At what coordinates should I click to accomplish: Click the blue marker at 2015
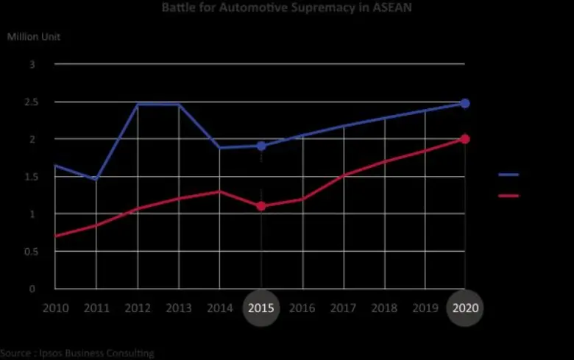(x=261, y=146)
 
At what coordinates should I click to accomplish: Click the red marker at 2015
(x=261, y=206)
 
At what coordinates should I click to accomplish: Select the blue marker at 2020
(x=465, y=103)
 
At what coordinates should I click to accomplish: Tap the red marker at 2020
(x=465, y=139)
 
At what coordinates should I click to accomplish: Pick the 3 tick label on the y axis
(x=32, y=65)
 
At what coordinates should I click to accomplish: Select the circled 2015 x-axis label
(x=261, y=308)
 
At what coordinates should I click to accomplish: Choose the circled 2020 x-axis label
(x=465, y=308)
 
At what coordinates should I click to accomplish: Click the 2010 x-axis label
(x=55, y=308)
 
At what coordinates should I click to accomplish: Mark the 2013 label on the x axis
(x=179, y=308)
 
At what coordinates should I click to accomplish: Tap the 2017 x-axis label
(x=343, y=308)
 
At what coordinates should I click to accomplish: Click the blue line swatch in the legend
(x=509, y=175)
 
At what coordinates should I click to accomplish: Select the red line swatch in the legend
(x=509, y=196)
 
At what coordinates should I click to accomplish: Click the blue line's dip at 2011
(x=96, y=179)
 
